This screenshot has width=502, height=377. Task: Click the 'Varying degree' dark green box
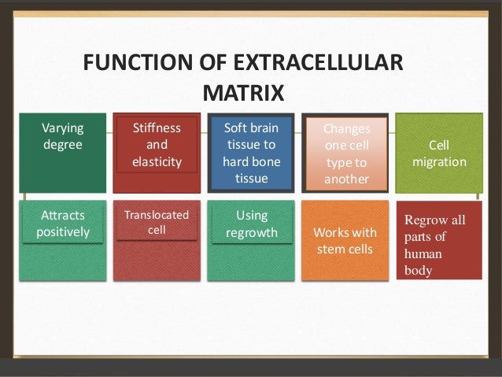coord(63,153)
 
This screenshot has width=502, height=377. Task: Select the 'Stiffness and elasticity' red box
coord(157,153)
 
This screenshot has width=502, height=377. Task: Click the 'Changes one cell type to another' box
coord(345,153)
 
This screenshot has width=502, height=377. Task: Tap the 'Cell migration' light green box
coord(439,153)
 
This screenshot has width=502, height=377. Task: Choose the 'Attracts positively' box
coord(63,240)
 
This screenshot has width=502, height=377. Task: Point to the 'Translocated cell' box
coord(157,240)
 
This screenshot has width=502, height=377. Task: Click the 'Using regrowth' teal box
coord(252,240)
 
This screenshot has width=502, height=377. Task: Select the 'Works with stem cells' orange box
coord(345,240)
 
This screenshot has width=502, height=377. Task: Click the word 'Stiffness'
coord(157,128)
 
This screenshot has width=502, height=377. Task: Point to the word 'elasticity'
coord(157,162)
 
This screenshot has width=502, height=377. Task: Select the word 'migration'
coord(439,162)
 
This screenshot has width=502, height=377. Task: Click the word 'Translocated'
coord(157,215)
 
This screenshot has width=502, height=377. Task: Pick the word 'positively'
coord(63,232)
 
